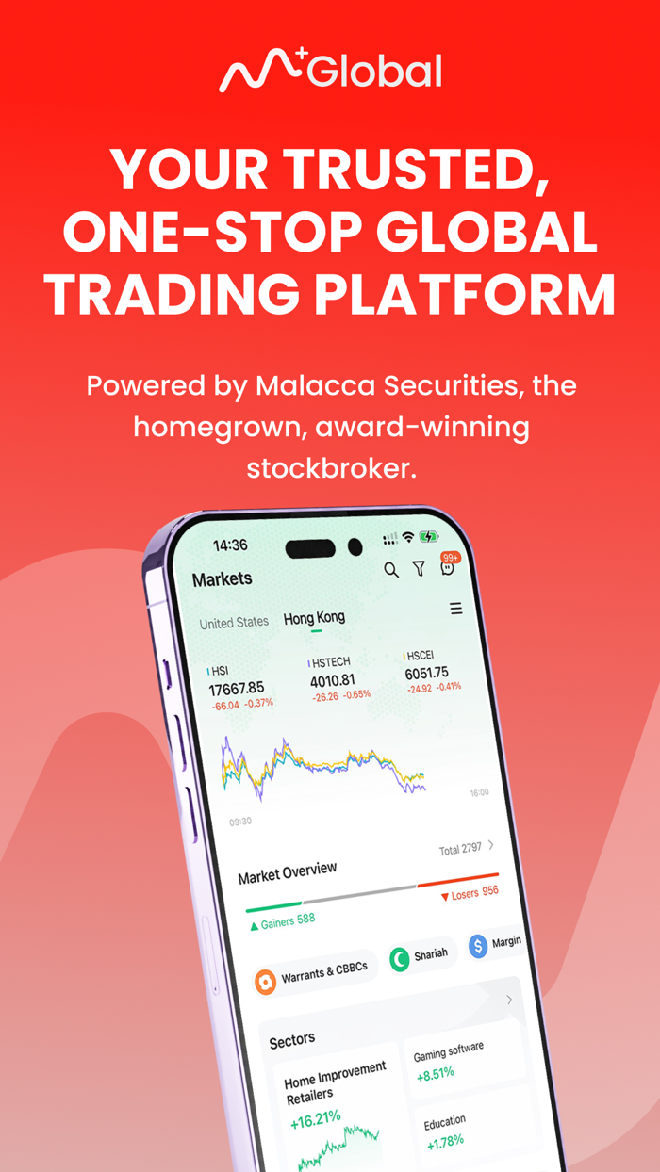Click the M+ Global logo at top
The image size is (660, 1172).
tap(330, 72)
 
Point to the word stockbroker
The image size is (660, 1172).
tap(331, 468)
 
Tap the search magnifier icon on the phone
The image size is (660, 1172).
tap(391, 570)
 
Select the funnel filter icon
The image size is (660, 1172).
tap(419, 568)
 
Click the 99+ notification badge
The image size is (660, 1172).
tap(450, 559)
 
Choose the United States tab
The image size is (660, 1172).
tap(234, 623)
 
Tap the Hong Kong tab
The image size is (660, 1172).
tap(314, 618)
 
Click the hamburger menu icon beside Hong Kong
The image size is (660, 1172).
tap(456, 609)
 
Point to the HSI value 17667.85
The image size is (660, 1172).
tap(236, 689)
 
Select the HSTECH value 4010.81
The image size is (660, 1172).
tap(333, 680)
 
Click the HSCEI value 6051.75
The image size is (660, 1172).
tap(426, 674)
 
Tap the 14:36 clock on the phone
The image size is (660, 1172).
tap(230, 545)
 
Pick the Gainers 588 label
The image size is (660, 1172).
tap(282, 921)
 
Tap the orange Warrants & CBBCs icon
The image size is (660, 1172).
tap(266, 982)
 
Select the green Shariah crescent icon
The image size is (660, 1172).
tap(400, 960)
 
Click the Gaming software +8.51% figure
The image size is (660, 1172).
tap(436, 1072)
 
